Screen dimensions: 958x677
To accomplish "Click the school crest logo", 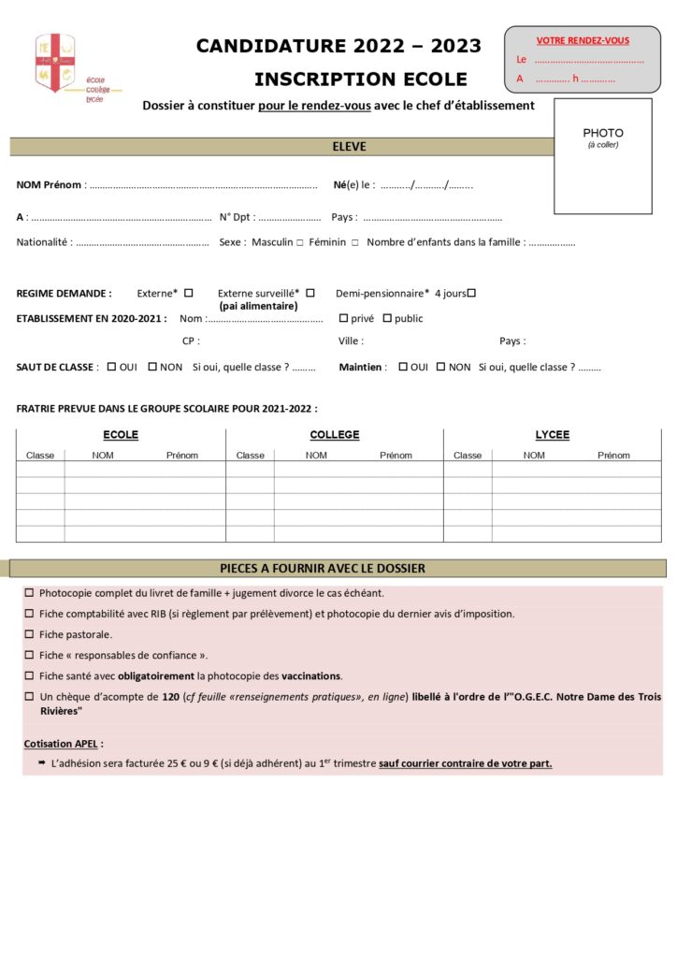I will (x=55, y=63).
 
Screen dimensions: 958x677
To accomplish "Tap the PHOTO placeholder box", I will (x=603, y=156).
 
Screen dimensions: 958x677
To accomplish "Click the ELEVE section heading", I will (x=349, y=147).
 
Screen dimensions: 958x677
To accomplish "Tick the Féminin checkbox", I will (x=355, y=243).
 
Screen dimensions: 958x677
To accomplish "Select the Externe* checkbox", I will (x=188, y=293).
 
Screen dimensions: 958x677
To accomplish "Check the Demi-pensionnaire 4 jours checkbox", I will (x=471, y=293).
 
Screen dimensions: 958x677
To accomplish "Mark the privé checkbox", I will (x=343, y=318).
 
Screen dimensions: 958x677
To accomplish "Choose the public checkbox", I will (x=386, y=318).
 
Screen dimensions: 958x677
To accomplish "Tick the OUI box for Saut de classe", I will (x=111, y=367).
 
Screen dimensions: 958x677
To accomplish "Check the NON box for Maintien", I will (x=441, y=367).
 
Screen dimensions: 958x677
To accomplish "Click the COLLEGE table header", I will (x=334, y=435).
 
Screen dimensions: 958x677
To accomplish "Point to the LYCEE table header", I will (x=552, y=435).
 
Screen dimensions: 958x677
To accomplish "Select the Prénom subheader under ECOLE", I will (x=182, y=456).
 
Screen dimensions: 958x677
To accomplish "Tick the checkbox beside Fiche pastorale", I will (x=29, y=634).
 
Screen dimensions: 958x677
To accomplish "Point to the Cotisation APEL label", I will (x=64, y=744).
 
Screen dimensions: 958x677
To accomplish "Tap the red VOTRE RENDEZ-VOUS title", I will (x=582, y=40).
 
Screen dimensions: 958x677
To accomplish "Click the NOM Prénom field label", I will (x=49, y=185).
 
